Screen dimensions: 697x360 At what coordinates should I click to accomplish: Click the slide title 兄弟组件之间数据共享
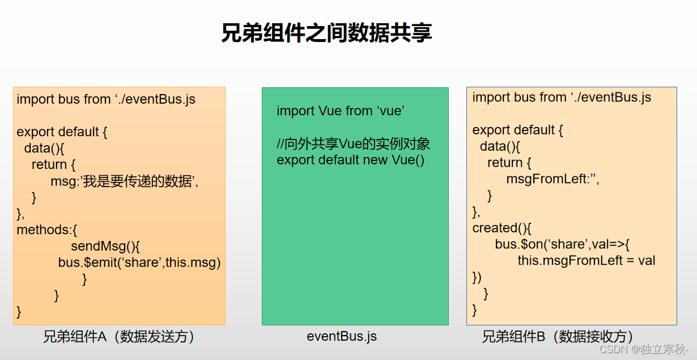pyautogui.click(x=326, y=33)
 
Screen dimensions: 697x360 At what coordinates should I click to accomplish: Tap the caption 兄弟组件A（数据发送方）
pyautogui.click(x=120, y=337)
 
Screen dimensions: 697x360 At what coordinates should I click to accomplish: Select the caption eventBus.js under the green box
pyautogui.click(x=342, y=336)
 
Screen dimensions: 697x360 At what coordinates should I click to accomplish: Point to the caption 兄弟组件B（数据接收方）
pyautogui.click(x=558, y=337)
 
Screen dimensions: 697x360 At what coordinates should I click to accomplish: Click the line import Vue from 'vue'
pyautogui.click(x=341, y=111)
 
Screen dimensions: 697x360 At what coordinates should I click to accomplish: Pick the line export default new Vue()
pyautogui.click(x=350, y=160)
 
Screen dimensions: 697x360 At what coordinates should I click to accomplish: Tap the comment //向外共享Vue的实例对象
pyautogui.click(x=354, y=144)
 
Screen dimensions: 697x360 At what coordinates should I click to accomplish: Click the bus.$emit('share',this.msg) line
pyautogui.click(x=139, y=262)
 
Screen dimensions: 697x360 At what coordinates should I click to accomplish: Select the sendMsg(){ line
pyautogui.click(x=105, y=247)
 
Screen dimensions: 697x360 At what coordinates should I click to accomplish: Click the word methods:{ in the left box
pyautogui.click(x=47, y=230)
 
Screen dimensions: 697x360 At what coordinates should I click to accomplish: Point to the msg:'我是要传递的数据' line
pyautogui.click(x=125, y=181)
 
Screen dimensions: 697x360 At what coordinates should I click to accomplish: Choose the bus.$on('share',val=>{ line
pyautogui.click(x=563, y=244)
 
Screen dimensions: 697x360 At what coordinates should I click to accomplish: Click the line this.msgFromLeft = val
pyautogui.click(x=586, y=261)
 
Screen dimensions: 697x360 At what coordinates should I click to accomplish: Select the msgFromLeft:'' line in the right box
pyautogui.click(x=552, y=179)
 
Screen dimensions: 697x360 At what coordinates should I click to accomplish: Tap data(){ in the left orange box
pyautogui.click(x=45, y=149)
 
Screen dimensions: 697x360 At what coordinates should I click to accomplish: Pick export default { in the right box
pyautogui.click(x=518, y=130)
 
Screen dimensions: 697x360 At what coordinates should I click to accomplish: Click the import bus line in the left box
pyautogui.click(x=106, y=99)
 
